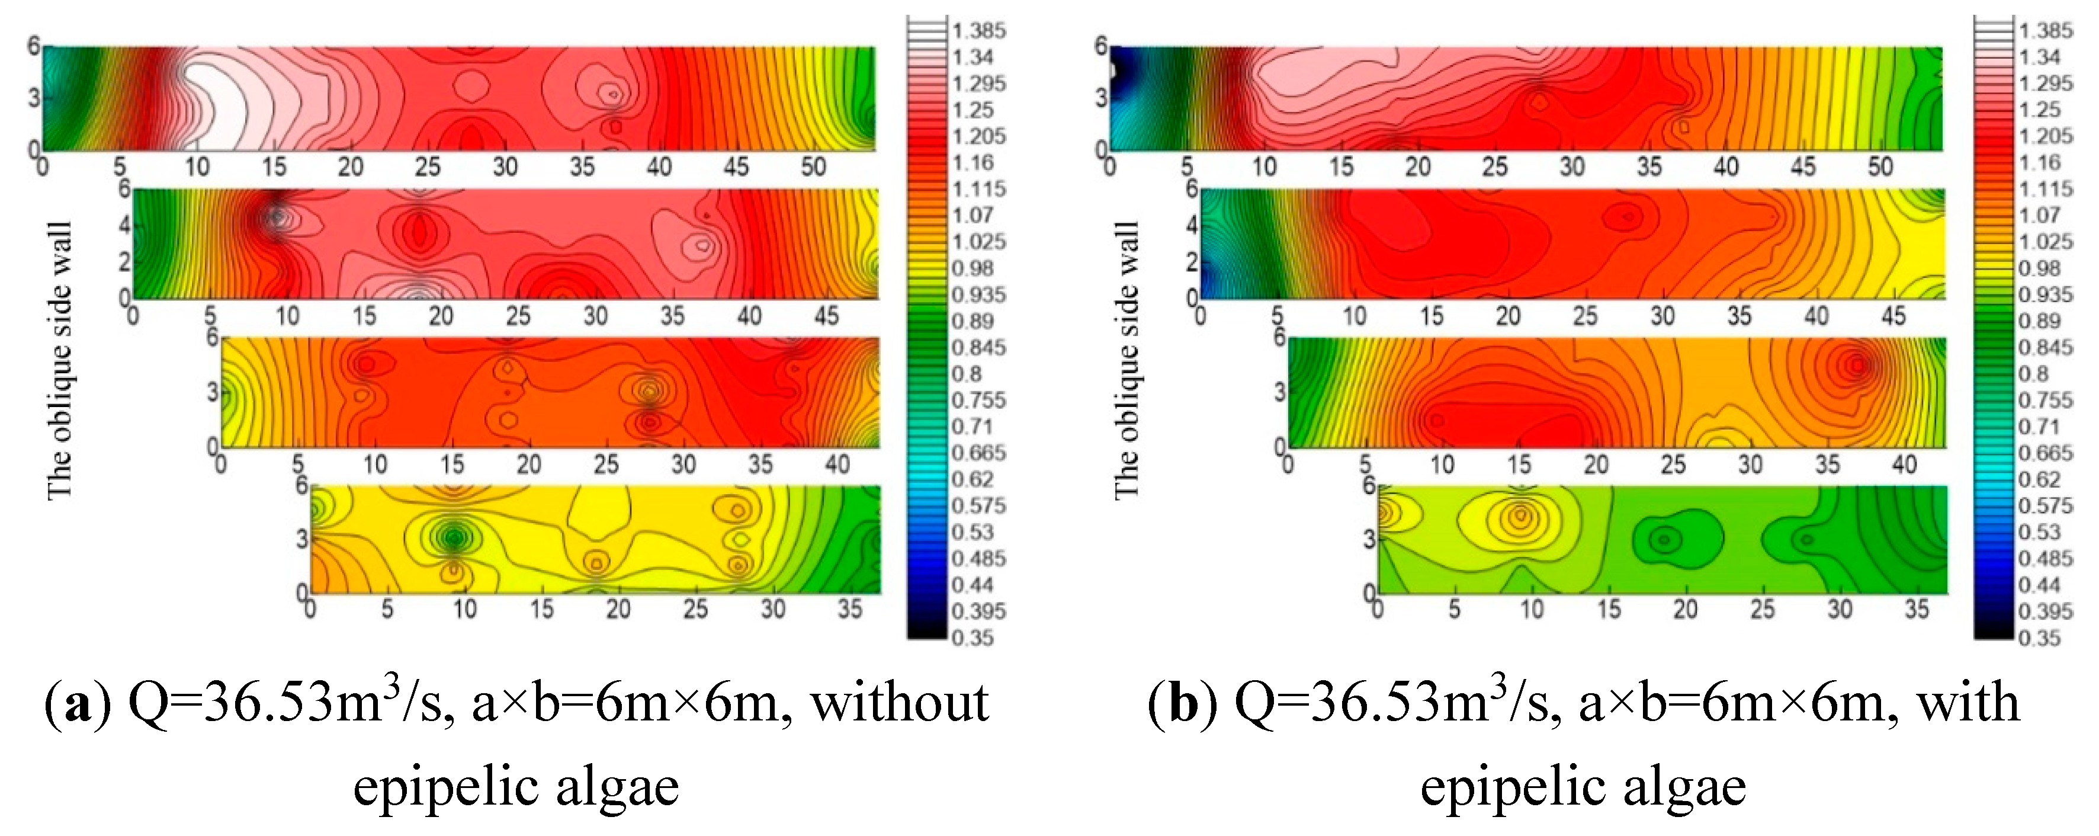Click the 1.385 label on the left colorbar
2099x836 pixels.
[x=978, y=31]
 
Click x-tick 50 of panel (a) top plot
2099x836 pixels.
[x=813, y=167]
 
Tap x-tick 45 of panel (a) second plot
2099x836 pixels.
[x=826, y=316]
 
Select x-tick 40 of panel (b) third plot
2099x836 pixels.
[x=1904, y=465]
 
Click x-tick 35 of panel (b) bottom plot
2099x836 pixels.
[x=1917, y=610]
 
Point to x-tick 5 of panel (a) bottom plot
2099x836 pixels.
[x=387, y=610]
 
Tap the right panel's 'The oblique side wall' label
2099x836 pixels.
[x=1126, y=358]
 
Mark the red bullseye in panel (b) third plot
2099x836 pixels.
[x=1856, y=366]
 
